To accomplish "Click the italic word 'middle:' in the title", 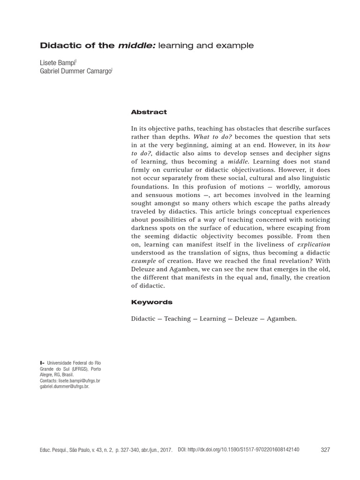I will tap(136, 45).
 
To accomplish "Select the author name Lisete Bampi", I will tap(57, 62).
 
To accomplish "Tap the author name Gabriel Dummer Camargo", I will tap(75, 71).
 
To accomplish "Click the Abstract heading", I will tap(149, 112).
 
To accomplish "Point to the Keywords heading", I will tap(152, 302).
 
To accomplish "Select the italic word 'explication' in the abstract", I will tap(314, 244).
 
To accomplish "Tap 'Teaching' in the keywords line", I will tap(177, 319).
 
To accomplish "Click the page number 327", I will tap(325, 450).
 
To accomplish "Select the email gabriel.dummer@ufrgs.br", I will tap(64, 387).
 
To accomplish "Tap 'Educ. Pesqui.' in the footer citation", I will tap(54, 450).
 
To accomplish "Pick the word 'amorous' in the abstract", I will tap(317, 186).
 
